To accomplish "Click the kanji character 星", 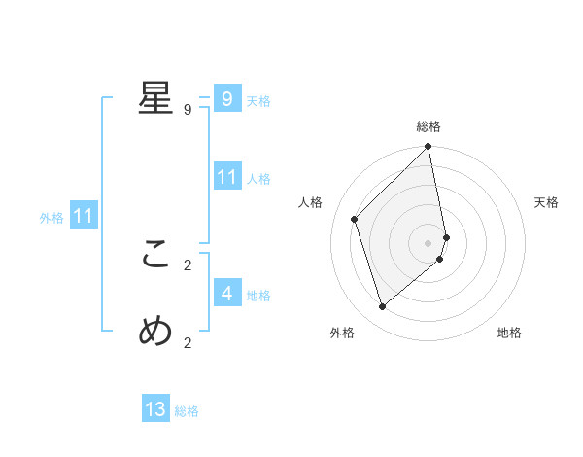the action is pyautogui.click(x=155, y=98).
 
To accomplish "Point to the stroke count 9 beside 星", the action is pyautogui.click(x=188, y=110).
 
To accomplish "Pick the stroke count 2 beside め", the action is pyautogui.click(x=188, y=341).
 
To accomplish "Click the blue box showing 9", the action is pyautogui.click(x=227, y=99).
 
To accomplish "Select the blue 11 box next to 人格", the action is pyautogui.click(x=227, y=177).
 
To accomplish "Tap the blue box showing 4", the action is pyautogui.click(x=227, y=293).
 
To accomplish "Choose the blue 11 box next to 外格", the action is pyautogui.click(x=83, y=216).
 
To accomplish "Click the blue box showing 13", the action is pyautogui.click(x=155, y=409).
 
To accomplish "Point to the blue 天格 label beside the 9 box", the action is pyautogui.click(x=258, y=101).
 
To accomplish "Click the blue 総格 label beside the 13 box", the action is pyautogui.click(x=187, y=411).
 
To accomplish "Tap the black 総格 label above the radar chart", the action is pyautogui.click(x=429, y=126).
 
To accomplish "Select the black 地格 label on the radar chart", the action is pyautogui.click(x=509, y=333).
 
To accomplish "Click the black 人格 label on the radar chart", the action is pyautogui.click(x=311, y=202).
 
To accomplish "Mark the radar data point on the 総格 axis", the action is pyautogui.click(x=429, y=148).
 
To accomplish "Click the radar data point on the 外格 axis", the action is pyautogui.click(x=383, y=306).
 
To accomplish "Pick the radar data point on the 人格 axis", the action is pyautogui.click(x=355, y=219).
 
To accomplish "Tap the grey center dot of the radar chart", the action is pyautogui.click(x=429, y=242).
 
